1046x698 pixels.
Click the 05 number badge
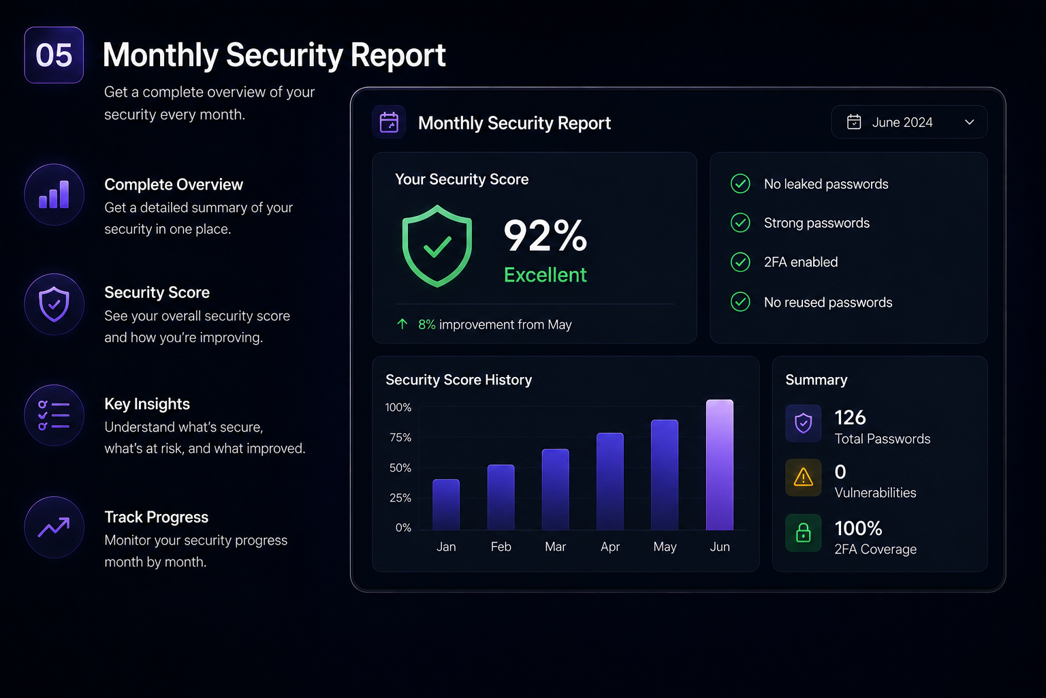point(54,55)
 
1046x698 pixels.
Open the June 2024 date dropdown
point(909,122)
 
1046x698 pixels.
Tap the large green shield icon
point(437,246)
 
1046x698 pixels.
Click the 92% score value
point(545,236)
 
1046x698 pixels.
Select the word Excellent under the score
point(545,275)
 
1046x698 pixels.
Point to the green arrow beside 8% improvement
point(402,324)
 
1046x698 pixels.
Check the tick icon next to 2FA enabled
point(740,262)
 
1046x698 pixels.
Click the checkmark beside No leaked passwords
point(740,184)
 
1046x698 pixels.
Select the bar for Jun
point(720,465)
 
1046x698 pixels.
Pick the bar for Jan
point(446,504)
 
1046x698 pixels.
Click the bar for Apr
point(610,481)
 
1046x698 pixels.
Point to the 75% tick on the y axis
point(400,438)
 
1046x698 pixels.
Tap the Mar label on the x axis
point(555,547)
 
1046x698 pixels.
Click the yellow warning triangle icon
point(803,477)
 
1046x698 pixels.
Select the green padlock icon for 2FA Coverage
point(803,532)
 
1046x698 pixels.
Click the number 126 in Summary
point(850,417)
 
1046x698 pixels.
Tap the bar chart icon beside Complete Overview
point(54,194)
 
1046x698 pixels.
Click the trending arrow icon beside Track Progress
point(54,528)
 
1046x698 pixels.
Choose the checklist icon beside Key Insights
point(54,415)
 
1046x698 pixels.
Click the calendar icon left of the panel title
point(389,122)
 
